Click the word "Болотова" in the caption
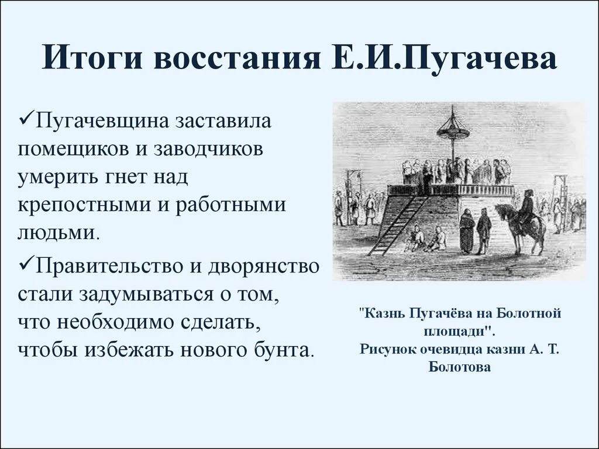coord(459,368)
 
